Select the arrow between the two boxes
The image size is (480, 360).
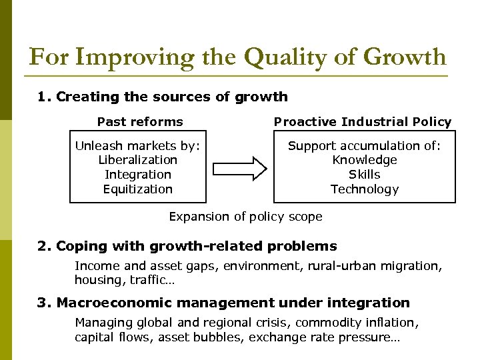pos(239,168)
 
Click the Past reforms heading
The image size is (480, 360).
pos(140,121)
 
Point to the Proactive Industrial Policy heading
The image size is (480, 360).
pos(363,121)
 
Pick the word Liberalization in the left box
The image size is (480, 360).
pos(138,160)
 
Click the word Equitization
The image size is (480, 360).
pos(138,189)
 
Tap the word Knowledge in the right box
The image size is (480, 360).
pos(365,160)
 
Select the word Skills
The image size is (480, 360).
pos(365,175)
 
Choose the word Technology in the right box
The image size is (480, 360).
pos(365,189)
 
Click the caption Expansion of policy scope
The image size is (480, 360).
pos(245,217)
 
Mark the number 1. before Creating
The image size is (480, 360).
pos(44,97)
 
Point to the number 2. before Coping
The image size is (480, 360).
pos(44,246)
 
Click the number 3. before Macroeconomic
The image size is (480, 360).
pos(44,303)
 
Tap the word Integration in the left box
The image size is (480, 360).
pos(138,175)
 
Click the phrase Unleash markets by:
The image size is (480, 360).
pos(138,146)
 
